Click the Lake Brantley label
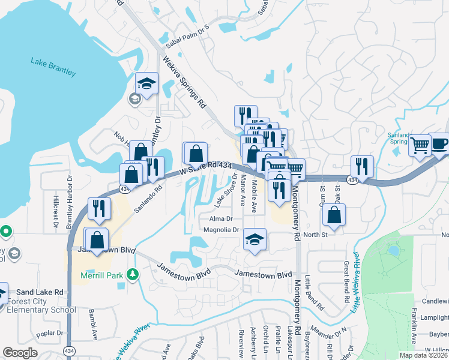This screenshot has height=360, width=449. point(53,66)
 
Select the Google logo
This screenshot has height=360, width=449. point(20,352)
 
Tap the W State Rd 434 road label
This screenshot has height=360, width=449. point(206,167)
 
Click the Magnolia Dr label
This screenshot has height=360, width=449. point(221,230)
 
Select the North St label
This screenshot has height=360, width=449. point(315,235)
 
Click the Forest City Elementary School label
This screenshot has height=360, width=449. point(41,310)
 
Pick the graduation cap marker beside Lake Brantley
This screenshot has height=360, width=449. point(146,83)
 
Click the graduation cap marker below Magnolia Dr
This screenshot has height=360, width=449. point(255,240)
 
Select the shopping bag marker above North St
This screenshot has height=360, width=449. point(333,215)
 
